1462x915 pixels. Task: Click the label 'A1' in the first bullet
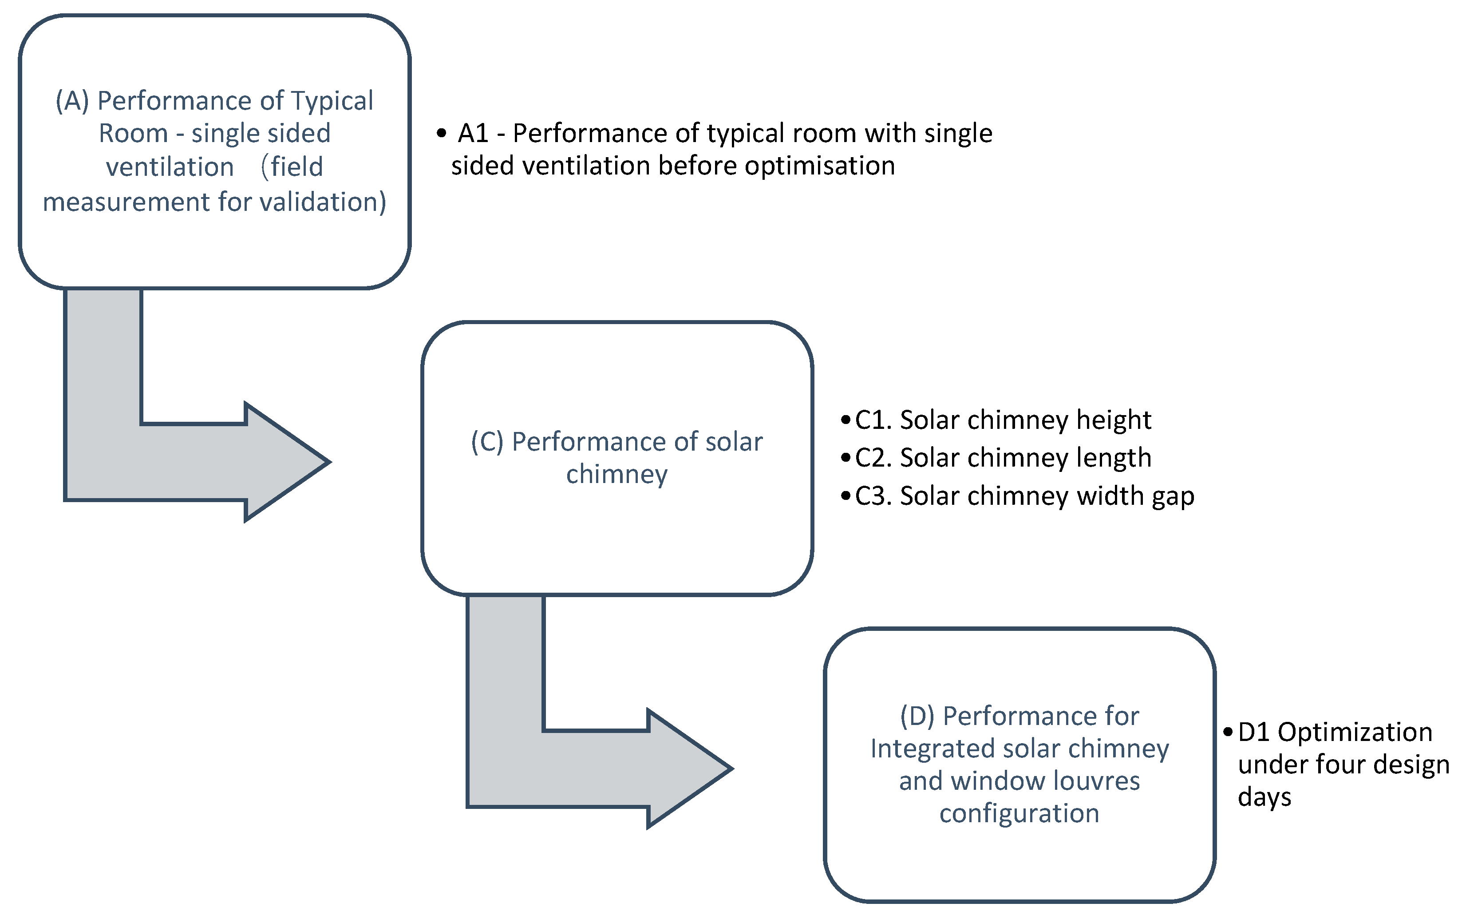[x=473, y=134]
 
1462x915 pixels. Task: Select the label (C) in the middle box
[x=487, y=442]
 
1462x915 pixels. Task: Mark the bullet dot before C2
[x=846, y=457]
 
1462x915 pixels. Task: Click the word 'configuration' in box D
[x=1019, y=813]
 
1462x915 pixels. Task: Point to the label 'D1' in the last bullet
[x=1254, y=732]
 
